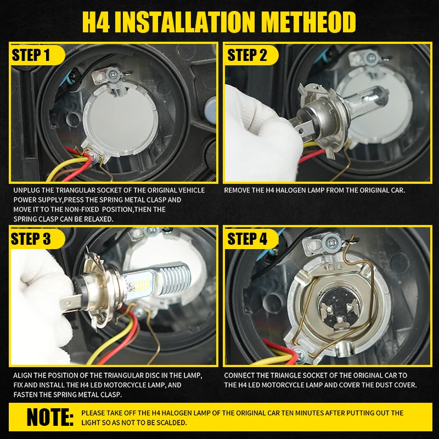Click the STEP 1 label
[x=31, y=54]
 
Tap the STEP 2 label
[x=247, y=54]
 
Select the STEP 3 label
[x=31, y=239]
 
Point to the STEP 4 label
[x=247, y=239]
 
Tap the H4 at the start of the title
[x=95, y=22]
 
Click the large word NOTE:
[x=50, y=417]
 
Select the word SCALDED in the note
[x=172, y=423]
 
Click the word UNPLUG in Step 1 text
[x=26, y=190]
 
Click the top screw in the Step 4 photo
[x=331, y=241]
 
